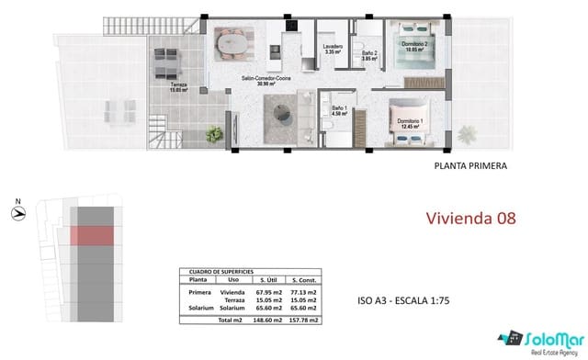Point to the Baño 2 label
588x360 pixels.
tap(369, 57)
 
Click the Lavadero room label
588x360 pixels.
tap(333, 49)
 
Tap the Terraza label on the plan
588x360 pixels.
tap(179, 88)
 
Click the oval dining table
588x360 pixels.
tap(232, 42)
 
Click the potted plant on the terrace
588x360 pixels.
tap(214, 135)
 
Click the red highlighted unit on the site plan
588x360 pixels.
tap(92, 235)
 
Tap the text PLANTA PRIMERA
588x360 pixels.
tap(469, 166)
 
